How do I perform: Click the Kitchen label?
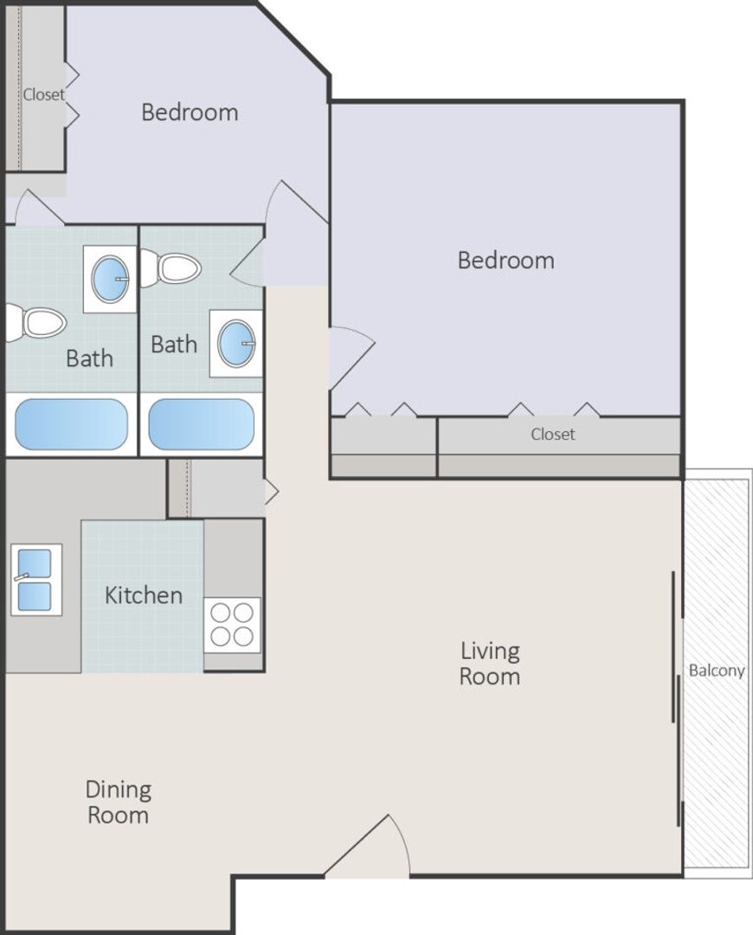point(143,595)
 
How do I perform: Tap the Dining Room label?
point(118,802)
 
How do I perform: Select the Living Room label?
point(490,664)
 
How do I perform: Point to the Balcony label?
point(716,671)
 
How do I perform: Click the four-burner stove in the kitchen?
point(233,624)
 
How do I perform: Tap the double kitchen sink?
point(35,579)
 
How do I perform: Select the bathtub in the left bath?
point(71,424)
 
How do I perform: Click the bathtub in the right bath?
point(201,424)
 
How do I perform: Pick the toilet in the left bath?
point(35,324)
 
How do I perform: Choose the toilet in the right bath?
point(171,268)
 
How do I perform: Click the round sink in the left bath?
point(110,279)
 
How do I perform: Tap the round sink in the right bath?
point(236,344)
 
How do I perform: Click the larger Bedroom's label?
point(506,261)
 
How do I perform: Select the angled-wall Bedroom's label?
point(190,112)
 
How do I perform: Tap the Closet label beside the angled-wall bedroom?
point(44,94)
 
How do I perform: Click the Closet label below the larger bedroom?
point(553,434)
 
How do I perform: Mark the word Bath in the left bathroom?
point(89,358)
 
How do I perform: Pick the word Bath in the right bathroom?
point(173,344)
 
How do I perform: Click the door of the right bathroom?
point(246,261)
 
